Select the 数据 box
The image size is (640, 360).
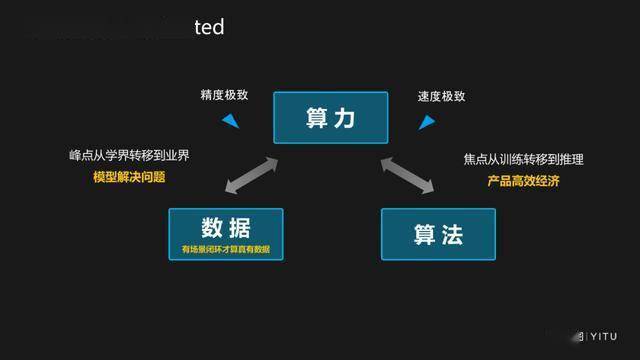pyautogui.click(x=225, y=233)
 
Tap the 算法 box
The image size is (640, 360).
pyautogui.click(x=437, y=233)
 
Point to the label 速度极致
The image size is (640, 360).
pyautogui.click(x=441, y=97)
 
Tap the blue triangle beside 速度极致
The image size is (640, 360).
pyautogui.click(x=426, y=121)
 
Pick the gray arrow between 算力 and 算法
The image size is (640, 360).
pyautogui.click(x=407, y=173)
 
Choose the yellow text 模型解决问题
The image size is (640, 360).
pyautogui.click(x=129, y=177)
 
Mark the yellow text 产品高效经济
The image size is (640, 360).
pyautogui.click(x=523, y=181)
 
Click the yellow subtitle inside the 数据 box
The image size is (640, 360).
pyautogui.click(x=225, y=248)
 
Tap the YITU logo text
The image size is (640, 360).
pyautogui.click(x=601, y=337)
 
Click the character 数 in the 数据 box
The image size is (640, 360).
pyautogui.click(x=210, y=226)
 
